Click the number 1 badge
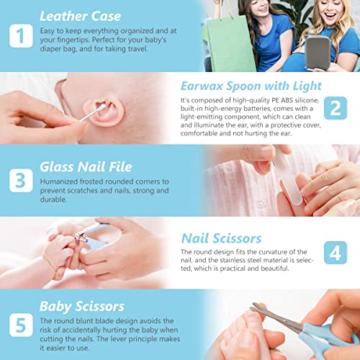(x=21, y=36)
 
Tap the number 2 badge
(x=336, y=108)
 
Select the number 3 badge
(x=21, y=181)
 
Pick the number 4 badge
(x=336, y=253)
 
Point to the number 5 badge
(x=21, y=325)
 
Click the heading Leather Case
(x=80, y=17)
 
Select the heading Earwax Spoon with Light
(x=251, y=86)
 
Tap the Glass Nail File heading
(x=86, y=167)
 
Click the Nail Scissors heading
(x=221, y=238)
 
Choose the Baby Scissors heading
(x=82, y=307)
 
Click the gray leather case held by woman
(x=318, y=53)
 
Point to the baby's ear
(x=104, y=112)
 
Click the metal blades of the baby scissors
(x=276, y=317)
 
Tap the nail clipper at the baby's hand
(x=92, y=236)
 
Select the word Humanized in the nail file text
(x=58, y=181)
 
